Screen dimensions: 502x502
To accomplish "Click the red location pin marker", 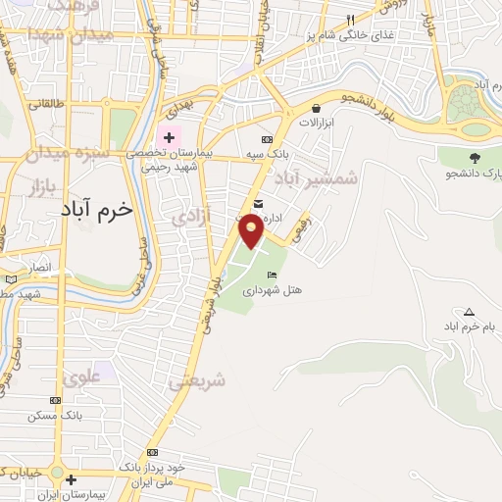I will pyautogui.click(x=251, y=229).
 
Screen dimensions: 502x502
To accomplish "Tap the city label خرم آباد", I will pyautogui.click(x=95, y=211).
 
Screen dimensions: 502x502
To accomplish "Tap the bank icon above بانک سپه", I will pyautogui.click(x=267, y=140).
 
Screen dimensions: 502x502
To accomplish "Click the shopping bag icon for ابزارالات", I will pyautogui.click(x=317, y=109).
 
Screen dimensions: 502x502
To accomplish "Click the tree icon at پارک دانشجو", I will pyautogui.click(x=475, y=157).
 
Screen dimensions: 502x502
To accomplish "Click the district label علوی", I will pyautogui.click(x=80, y=376).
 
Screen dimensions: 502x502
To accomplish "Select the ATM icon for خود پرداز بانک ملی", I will pyautogui.click(x=152, y=452).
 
